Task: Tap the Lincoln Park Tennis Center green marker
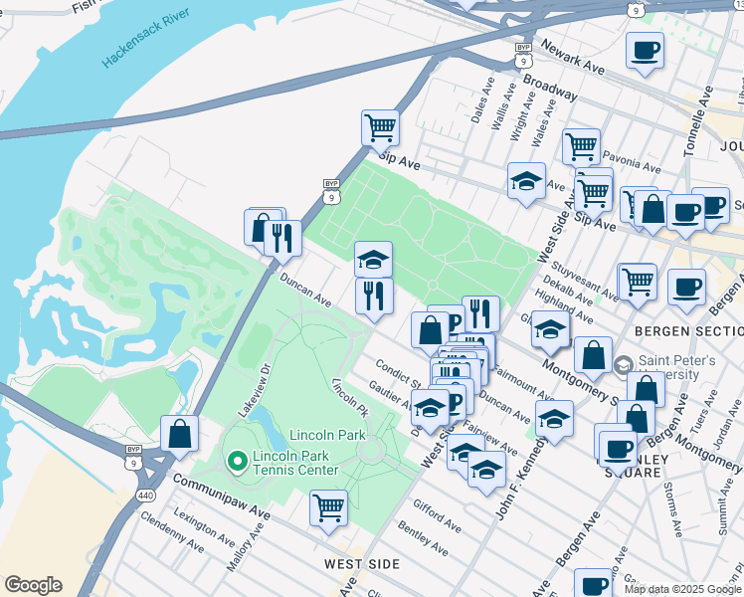(x=238, y=461)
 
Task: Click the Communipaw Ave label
(x=222, y=494)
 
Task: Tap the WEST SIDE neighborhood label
(x=362, y=564)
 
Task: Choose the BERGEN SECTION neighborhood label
(x=687, y=329)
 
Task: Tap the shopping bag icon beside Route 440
(x=179, y=434)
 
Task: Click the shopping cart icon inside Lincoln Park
(x=328, y=507)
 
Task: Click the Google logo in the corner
(x=33, y=585)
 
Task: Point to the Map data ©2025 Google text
(x=682, y=589)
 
